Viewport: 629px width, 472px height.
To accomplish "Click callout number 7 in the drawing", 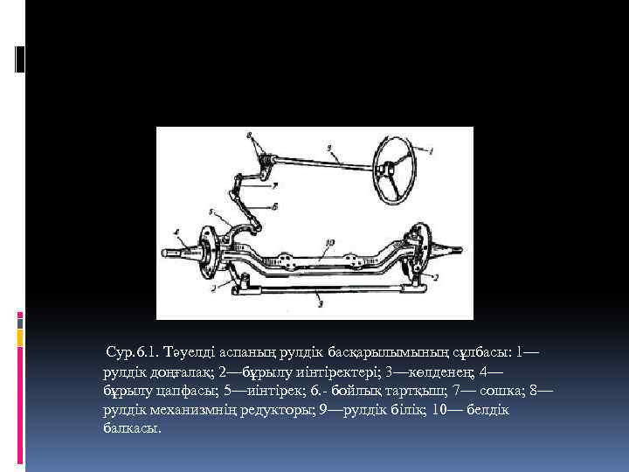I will pyautogui.click(x=275, y=185).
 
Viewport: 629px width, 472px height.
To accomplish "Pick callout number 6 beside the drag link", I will pyautogui.click(x=275, y=206).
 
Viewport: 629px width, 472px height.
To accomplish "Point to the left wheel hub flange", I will pyautogui.click(x=207, y=253).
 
